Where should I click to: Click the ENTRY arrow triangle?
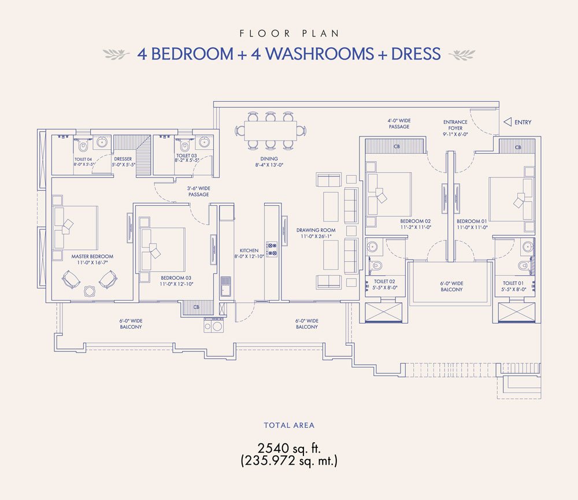pyautogui.click(x=507, y=122)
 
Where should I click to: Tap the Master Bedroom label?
pyautogui.click(x=92, y=256)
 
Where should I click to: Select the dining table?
pyautogui.click(x=271, y=131)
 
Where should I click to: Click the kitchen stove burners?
pyautogui.click(x=272, y=249)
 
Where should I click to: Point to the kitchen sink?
pyautogui.click(x=225, y=286)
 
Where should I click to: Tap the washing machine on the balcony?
pyautogui.click(x=213, y=325)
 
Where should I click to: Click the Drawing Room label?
pyautogui.click(x=316, y=230)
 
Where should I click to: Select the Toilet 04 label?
pyautogui.click(x=83, y=159)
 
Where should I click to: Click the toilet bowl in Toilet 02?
pyautogui.click(x=376, y=265)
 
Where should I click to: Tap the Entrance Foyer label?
pyautogui.click(x=455, y=125)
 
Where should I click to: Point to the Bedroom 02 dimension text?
pyautogui.click(x=416, y=227)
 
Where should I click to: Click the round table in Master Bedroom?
pyautogui.click(x=89, y=291)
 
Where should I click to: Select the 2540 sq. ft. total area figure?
pyautogui.click(x=289, y=449)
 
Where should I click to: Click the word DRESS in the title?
pyautogui.click(x=416, y=54)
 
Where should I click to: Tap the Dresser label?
pyautogui.click(x=123, y=159)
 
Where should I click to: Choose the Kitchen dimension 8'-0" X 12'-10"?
pyautogui.click(x=249, y=256)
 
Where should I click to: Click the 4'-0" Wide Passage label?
pyautogui.click(x=399, y=124)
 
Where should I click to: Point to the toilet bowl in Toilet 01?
pyautogui.click(x=523, y=265)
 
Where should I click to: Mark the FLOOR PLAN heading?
pyautogui.click(x=289, y=34)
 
